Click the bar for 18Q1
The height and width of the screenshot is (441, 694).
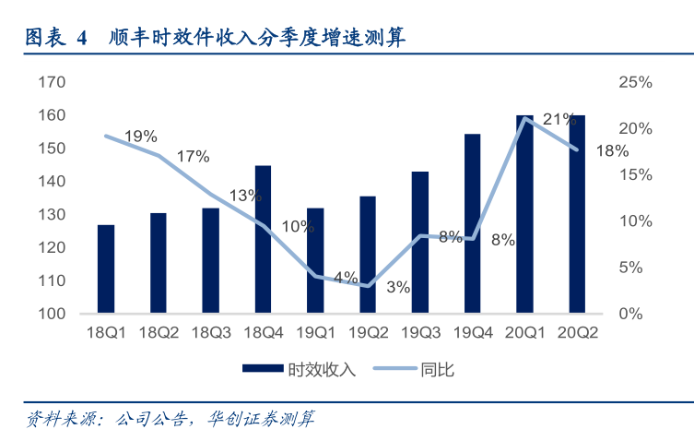tap(106, 268)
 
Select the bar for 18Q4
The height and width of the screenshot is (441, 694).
tap(263, 239)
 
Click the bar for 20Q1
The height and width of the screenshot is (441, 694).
tap(524, 214)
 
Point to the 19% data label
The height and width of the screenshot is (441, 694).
tap(140, 137)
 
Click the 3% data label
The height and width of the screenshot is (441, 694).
tap(398, 287)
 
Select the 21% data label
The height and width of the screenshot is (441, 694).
tap(559, 119)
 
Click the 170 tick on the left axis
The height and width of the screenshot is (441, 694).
tap(52, 82)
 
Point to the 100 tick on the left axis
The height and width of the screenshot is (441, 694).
tap(52, 314)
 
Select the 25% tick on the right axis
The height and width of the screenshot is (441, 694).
tap(635, 82)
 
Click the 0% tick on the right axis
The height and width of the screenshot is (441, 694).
tap(630, 314)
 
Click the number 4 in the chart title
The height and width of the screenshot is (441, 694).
tap(81, 38)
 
